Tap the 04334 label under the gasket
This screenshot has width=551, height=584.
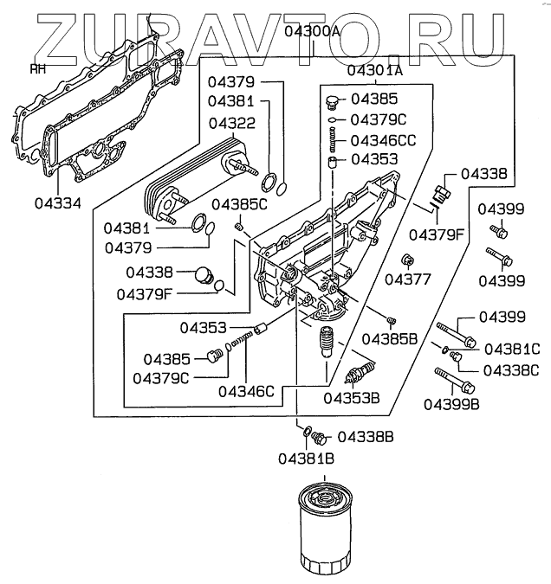[57, 204]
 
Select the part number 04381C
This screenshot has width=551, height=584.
[512, 350]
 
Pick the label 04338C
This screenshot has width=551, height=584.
[512, 369]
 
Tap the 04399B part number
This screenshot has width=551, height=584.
[452, 403]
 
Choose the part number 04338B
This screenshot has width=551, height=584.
[366, 436]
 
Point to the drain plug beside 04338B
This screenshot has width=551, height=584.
[321, 437]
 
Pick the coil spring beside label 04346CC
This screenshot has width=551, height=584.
[332, 139]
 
